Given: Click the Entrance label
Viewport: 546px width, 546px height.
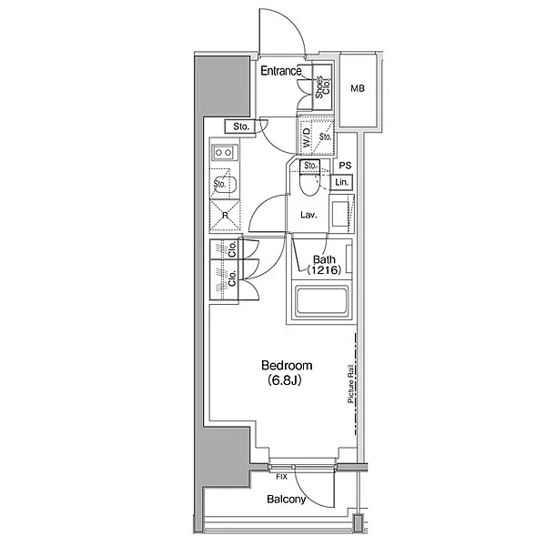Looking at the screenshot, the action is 281,71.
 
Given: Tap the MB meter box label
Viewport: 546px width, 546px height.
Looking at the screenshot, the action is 358,89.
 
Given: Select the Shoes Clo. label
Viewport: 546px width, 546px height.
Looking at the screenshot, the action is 322,87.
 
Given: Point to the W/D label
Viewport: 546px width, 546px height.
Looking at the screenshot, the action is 306,137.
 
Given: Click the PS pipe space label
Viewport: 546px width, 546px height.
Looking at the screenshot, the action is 345,166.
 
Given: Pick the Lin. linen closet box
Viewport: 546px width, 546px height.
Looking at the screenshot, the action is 341,182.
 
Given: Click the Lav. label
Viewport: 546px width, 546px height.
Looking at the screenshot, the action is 308,215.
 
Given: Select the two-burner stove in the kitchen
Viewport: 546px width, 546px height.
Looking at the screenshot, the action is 224,153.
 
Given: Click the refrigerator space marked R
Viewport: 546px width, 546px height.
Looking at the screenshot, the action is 225,216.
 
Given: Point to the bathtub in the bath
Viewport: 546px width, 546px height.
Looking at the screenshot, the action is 321,301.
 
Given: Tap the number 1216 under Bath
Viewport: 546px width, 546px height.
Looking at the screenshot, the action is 323,270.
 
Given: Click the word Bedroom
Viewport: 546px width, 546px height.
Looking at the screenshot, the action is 287,366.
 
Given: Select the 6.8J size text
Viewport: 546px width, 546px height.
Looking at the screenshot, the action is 284,380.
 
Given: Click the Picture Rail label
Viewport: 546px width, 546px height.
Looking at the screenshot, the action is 351,384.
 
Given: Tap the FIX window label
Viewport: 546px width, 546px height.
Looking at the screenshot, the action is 281,477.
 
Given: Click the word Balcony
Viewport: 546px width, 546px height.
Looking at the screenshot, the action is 287,500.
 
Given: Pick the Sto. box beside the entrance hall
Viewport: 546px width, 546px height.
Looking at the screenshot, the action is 240,126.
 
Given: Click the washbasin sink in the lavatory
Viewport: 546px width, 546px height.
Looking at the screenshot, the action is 339,213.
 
